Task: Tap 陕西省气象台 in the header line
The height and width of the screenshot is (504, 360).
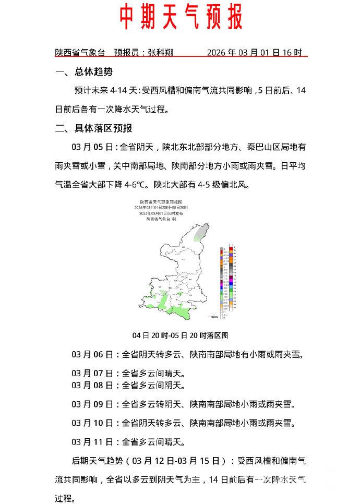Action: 80,53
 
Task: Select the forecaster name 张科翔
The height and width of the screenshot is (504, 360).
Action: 160,53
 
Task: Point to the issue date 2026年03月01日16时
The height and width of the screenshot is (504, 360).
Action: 254,53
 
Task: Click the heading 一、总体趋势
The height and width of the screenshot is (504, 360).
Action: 83,72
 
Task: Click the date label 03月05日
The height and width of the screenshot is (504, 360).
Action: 92,147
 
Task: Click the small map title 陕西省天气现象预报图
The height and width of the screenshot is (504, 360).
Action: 161,201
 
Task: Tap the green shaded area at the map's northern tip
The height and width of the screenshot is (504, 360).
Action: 203,232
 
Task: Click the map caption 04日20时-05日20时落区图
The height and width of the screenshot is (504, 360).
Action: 180,335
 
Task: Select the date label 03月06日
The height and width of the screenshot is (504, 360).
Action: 92,355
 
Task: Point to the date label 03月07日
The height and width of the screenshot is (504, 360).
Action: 92,374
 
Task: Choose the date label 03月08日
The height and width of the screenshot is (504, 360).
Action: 92,386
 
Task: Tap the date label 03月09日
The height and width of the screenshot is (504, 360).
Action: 92,404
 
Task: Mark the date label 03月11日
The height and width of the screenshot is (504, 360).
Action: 92,442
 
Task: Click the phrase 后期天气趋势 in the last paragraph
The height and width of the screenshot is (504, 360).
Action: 98,461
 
